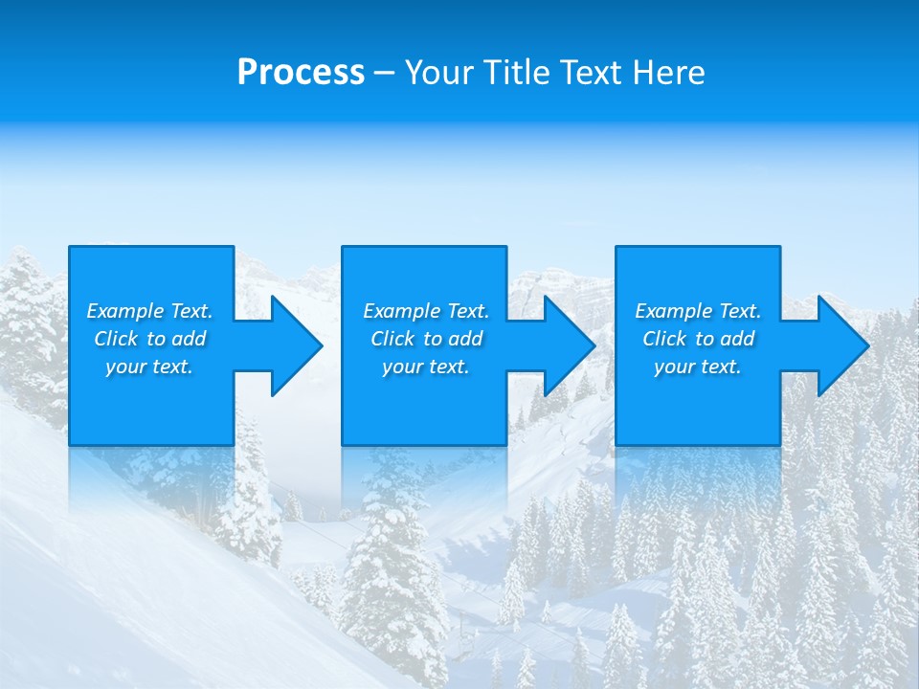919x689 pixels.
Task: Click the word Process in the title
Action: tap(301, 73)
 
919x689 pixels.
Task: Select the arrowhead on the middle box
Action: tap(568, 345)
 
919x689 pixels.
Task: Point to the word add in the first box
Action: tap(190, 339)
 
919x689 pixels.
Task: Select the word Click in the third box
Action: tap(665, 339)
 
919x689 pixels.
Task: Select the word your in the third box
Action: tap(674, 367)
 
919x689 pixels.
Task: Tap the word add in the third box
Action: tap(738, 339)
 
